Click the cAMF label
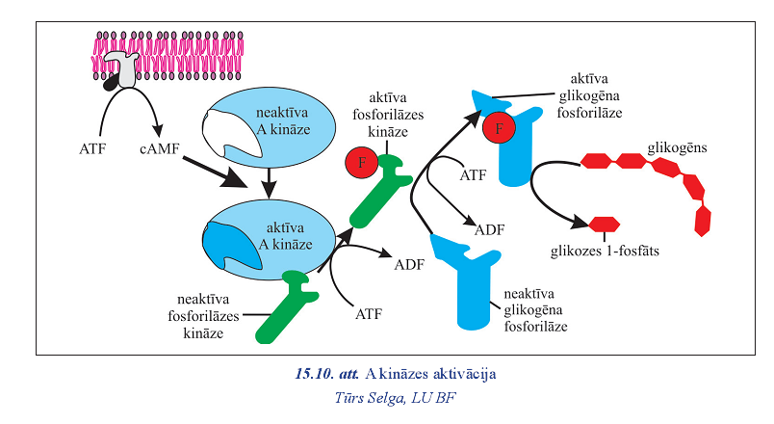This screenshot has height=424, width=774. pyautogui.click(x=156, y=149)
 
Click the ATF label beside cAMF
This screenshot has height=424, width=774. pyautogui.click(x=93, y=149)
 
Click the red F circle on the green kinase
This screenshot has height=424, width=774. pyautogui.click(x=361, y=162)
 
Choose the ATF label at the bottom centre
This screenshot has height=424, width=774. pyautogui.click(x=369, y=313)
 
